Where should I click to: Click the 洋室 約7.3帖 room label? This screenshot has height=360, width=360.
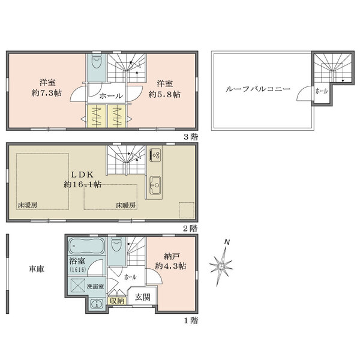[x=47, y=88]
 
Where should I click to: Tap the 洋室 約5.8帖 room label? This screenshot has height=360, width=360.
[x=164, y=89]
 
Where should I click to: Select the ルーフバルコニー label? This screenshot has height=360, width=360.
[x=258, y=89]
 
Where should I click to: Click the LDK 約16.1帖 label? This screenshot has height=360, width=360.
[x=82, y=179]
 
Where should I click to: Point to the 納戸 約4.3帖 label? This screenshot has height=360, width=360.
[x=170, y=261]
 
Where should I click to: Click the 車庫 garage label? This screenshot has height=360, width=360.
[x=37, y=269]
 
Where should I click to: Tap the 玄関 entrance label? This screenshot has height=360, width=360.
[x=143, y=297]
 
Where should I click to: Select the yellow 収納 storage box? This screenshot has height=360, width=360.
[x=117, y=301]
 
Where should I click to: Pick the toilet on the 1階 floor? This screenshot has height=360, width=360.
[x=116, y=245]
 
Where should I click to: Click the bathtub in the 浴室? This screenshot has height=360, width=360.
[x=87, y=245]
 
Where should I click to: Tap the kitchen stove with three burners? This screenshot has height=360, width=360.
[x=155, y=155]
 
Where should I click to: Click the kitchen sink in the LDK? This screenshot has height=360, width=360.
[x=155, y=185]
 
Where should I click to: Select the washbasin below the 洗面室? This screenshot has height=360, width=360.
[x=97, y=304]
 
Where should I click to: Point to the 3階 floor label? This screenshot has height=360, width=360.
[x=191, y=137]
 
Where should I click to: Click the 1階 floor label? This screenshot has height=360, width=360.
[x=191, y=321]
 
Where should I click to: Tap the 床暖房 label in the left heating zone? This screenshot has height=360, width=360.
[x=28, y=205]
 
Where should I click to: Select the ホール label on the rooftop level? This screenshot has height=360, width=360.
[x=322, y=91]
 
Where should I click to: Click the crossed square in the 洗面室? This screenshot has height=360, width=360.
[x=77, y=286]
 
